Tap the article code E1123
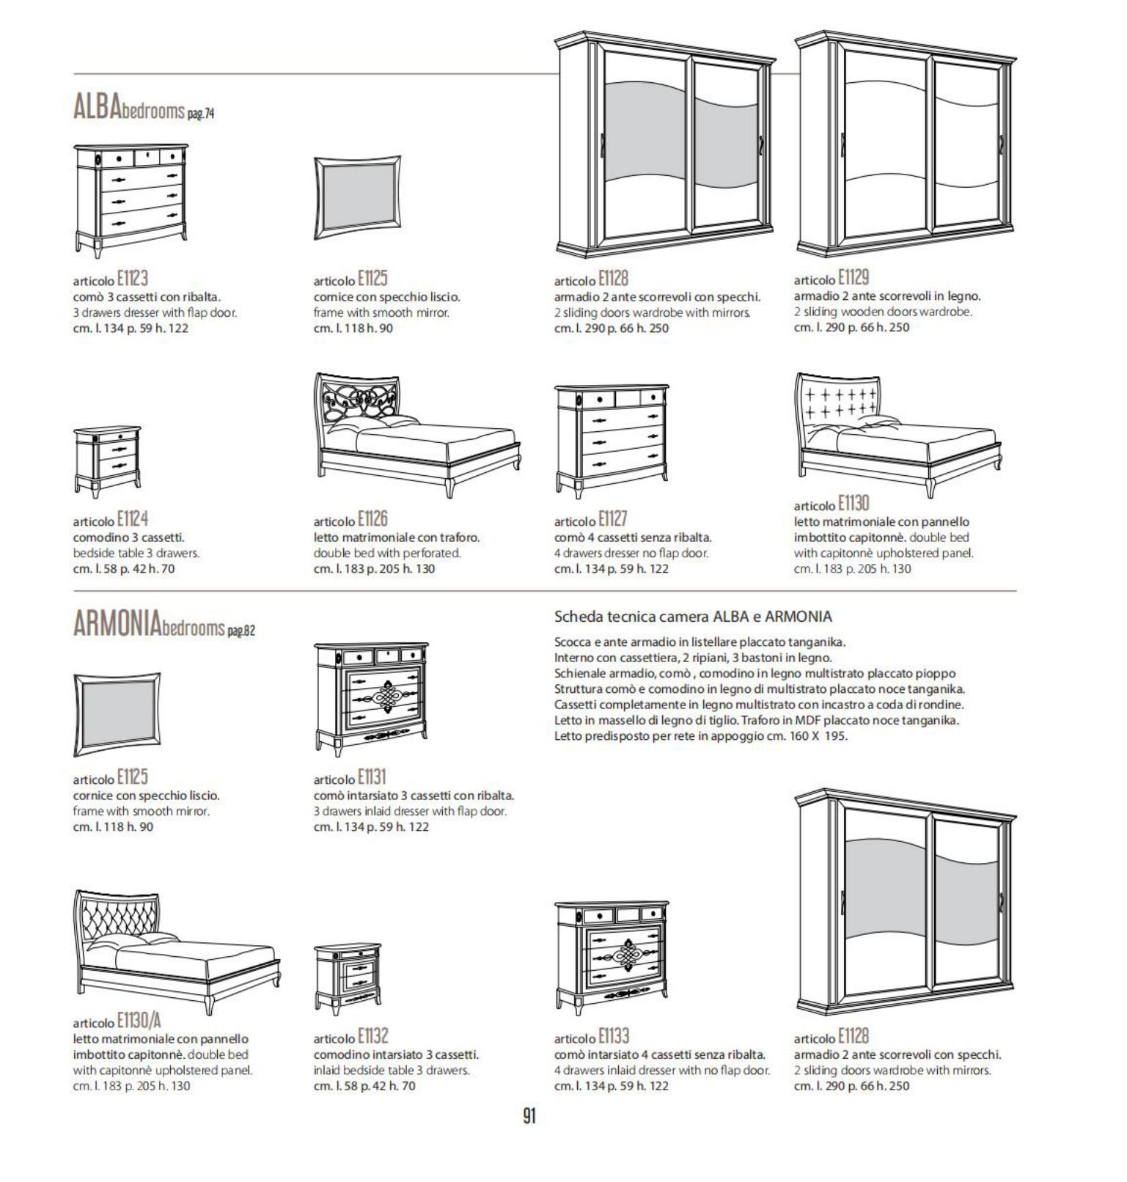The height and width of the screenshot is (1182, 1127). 132,279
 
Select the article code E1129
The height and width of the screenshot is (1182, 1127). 853,277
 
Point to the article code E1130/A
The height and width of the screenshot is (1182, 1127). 139,1021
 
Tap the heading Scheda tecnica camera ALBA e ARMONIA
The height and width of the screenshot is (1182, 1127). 693,617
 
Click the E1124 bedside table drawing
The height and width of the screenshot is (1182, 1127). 107,461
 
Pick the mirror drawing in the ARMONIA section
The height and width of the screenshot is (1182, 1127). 117,714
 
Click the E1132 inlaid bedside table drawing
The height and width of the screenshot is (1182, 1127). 348,979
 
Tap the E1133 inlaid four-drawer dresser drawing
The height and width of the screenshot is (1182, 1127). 612,957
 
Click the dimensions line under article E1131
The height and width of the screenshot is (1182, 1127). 371,827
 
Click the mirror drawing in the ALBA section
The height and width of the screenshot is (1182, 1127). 357,199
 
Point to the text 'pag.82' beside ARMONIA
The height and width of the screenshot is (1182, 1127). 241,630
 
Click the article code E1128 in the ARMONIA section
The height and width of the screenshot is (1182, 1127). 853,1035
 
